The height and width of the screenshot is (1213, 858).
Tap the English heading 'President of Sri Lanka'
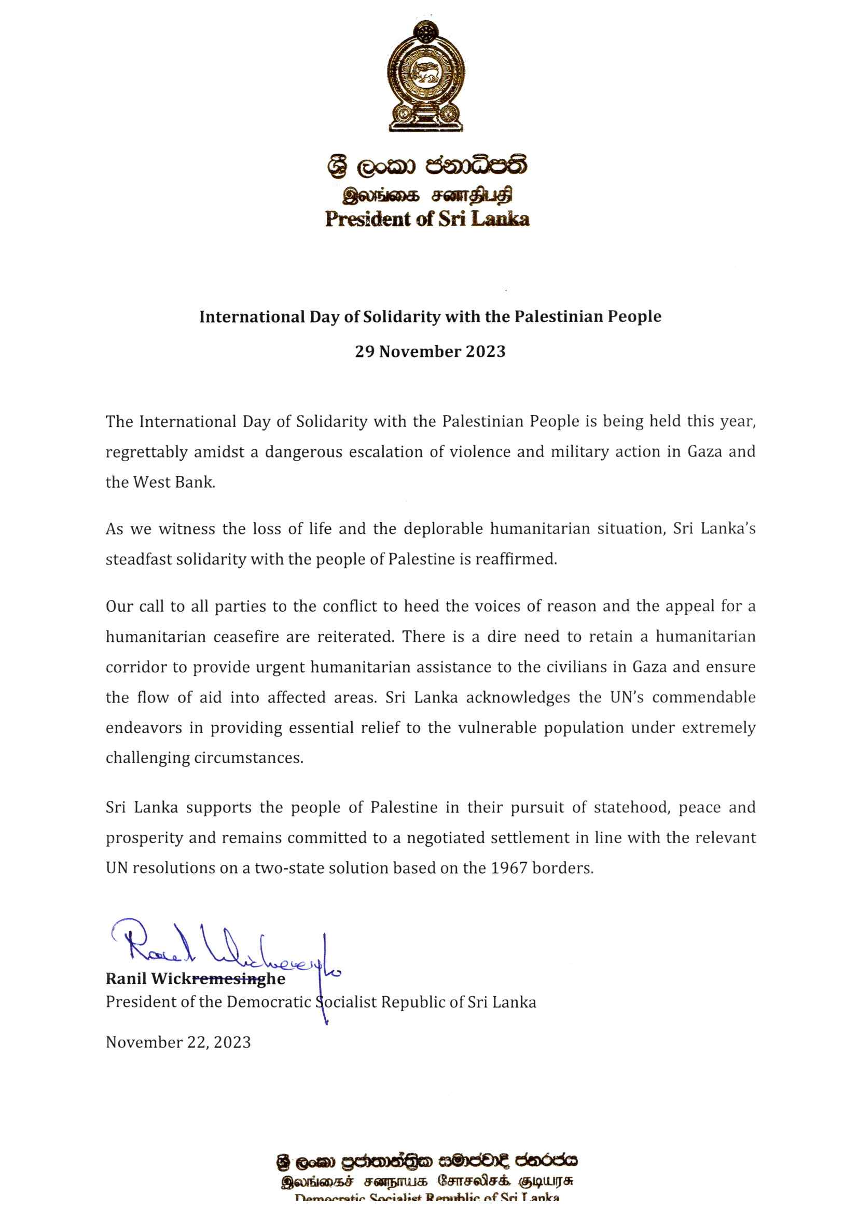pyautogui.click(x=427, y=219)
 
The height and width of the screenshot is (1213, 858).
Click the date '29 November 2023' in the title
pyautogui.click(x=430, y=351)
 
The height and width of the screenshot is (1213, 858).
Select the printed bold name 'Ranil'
pyautogui.click(x=126, y=979)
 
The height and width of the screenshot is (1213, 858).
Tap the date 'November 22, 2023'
pyautogui.click(x=178, y=1042)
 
